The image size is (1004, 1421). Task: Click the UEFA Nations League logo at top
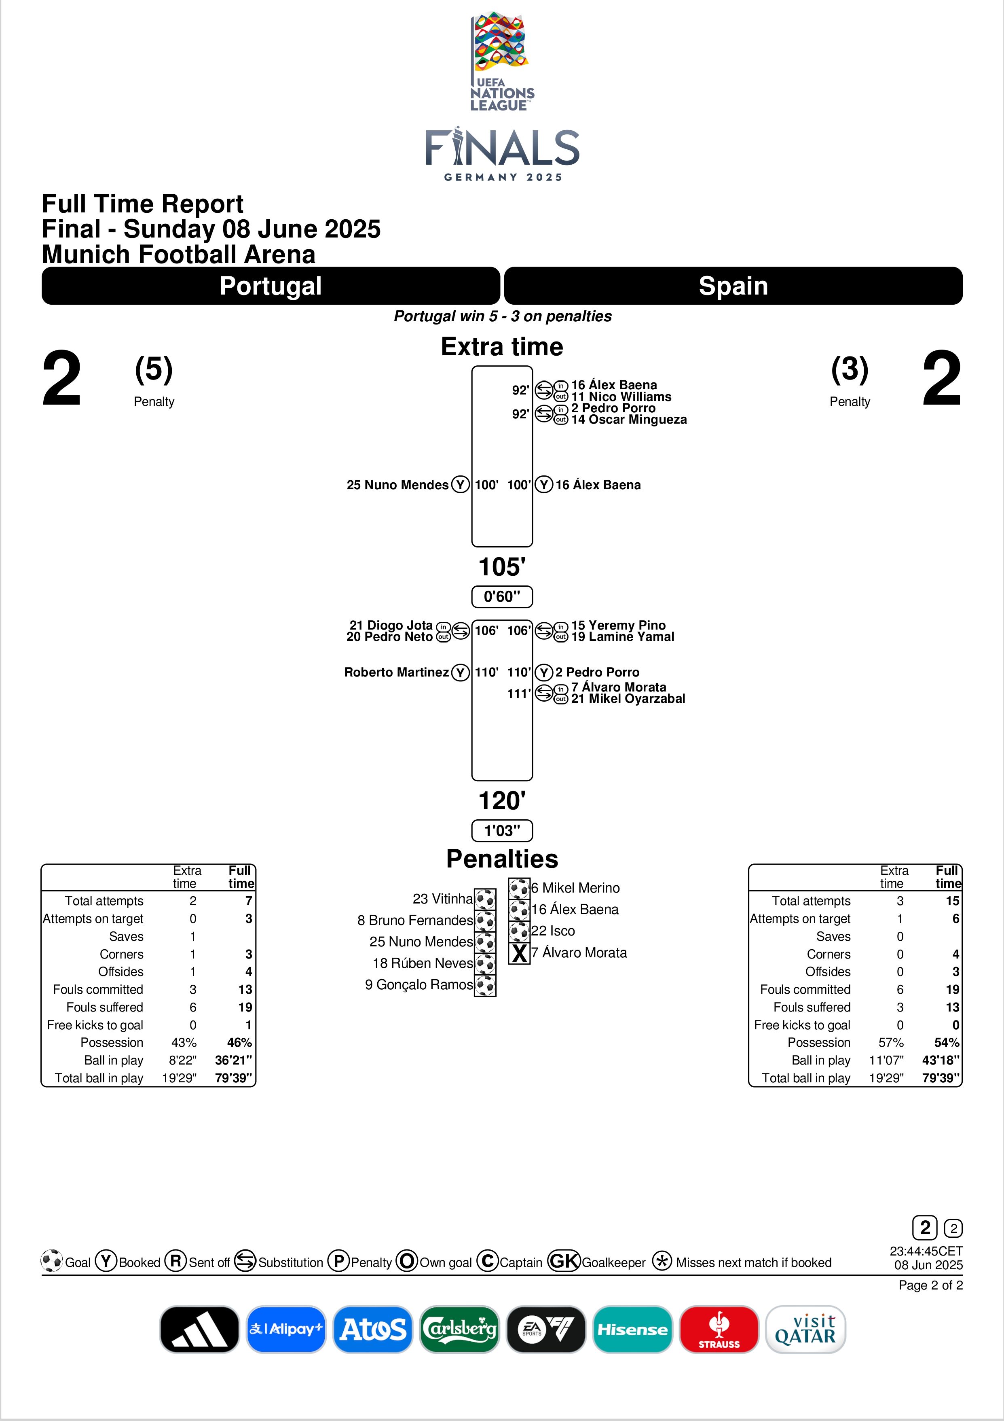502,62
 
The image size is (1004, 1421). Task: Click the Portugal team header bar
271,286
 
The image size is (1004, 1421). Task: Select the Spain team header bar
733,286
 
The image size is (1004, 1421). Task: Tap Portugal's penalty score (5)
153,369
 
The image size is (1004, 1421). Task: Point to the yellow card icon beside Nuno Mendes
460,485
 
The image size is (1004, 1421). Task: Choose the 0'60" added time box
502,597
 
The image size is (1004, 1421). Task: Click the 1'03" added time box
502,831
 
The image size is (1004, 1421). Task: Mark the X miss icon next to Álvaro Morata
519,953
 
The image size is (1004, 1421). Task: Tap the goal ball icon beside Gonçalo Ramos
485,985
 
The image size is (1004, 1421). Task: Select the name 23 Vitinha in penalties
442,899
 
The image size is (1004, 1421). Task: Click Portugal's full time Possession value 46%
239,1042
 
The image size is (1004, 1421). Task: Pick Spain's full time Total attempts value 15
952,901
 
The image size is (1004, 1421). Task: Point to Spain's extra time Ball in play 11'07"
886,1060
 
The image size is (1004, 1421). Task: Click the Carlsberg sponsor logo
459,1329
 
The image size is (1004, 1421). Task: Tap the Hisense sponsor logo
632,1329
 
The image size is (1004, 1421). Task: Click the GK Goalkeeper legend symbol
564,1261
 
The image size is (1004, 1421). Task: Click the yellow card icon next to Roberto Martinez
460,672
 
